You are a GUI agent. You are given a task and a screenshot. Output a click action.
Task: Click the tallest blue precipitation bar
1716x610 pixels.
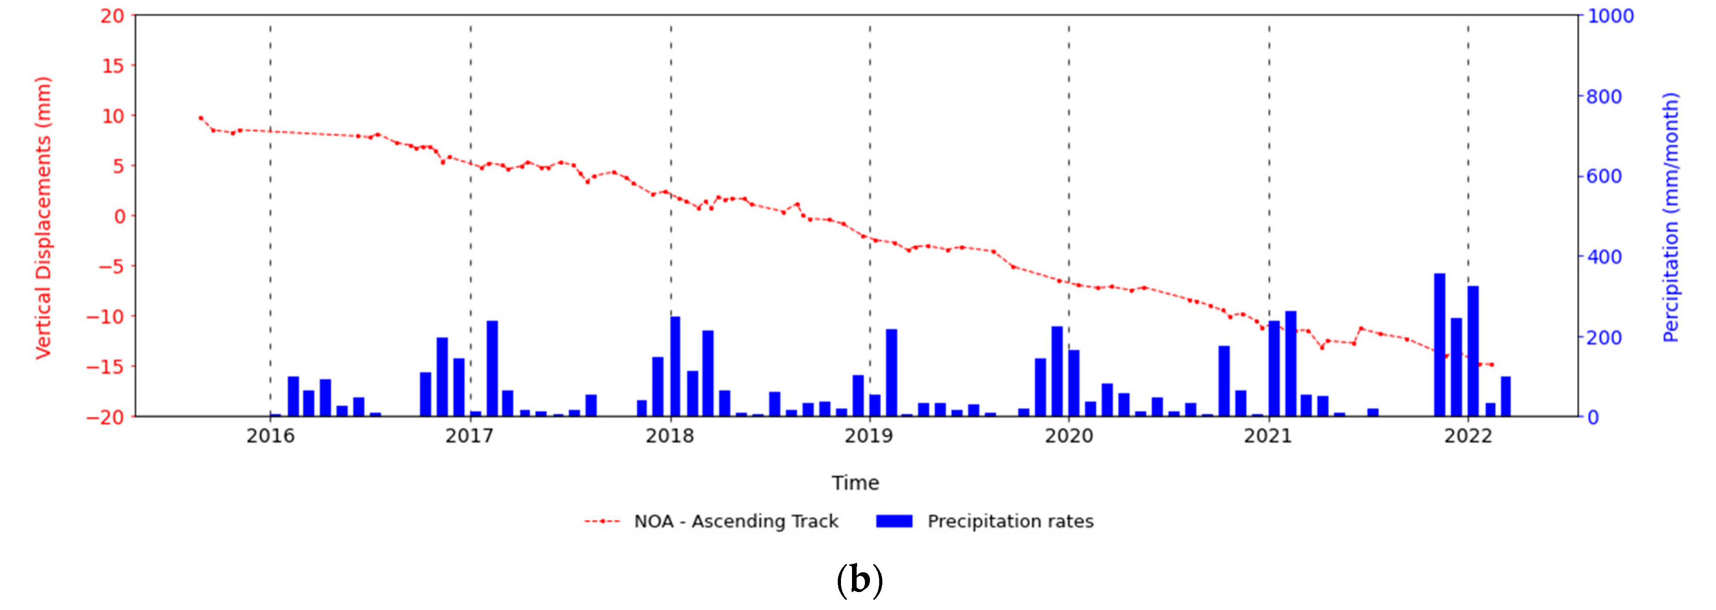pyautogui.click(x=1440, y=344)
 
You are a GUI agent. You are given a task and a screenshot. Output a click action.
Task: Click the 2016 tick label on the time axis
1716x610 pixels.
pyautogui.click(x=270, y=436)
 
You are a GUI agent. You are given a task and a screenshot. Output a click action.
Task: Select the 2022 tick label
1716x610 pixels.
pyautogui.click(x=1468, y=436)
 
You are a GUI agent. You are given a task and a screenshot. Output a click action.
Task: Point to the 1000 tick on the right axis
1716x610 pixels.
pyautogui.click(x=1610, y=16)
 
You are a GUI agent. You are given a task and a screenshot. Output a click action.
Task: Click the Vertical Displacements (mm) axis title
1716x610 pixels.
pyautogui.click(x=43, y=218)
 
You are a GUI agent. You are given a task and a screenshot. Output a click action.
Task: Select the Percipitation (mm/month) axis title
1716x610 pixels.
pyautogui.click(x=1670, y=218)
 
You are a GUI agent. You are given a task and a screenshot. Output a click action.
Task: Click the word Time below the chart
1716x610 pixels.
pyautogui.click(x=855, y=482)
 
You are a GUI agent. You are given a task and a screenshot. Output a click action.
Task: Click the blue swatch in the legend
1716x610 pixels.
pyautogui.click(x=894, y=521)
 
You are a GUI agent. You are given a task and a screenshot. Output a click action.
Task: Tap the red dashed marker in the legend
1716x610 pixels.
pyautogui.click(x=602, y=521)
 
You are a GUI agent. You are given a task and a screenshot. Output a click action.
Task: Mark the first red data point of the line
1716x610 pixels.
pyautogui.click(x=200, y=118)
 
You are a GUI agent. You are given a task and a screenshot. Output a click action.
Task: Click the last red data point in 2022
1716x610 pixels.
pyautogui.click(x=1492, y=365)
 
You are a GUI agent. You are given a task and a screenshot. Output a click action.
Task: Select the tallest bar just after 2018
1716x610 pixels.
pyautogui.click(x=675, y=366)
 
